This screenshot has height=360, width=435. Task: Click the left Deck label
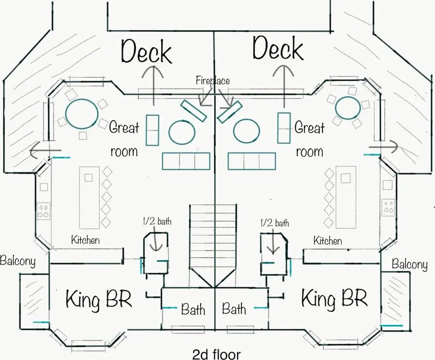(147, 51)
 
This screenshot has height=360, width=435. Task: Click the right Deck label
(278, 49)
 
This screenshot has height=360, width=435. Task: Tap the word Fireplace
(213, 80)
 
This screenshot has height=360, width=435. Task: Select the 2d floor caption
(216, 354)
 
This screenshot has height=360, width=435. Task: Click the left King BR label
(99, 299)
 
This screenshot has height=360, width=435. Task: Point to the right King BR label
(334, 298)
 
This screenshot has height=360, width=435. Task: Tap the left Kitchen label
(85, 240)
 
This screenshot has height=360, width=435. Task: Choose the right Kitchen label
(327, 241)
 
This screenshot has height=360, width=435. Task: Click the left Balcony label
(18, 261)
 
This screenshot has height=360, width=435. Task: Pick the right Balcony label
(409, 264)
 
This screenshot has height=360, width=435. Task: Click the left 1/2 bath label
(157, 221)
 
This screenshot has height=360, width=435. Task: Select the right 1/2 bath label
(274, 223)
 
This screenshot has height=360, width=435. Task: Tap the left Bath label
(193, 309)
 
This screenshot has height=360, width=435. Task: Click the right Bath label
(234, 309)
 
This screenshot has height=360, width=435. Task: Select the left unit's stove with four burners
(43, 211)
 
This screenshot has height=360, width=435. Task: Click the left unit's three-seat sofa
(186, 161)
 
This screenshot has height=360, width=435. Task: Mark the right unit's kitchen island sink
(345, 178)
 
